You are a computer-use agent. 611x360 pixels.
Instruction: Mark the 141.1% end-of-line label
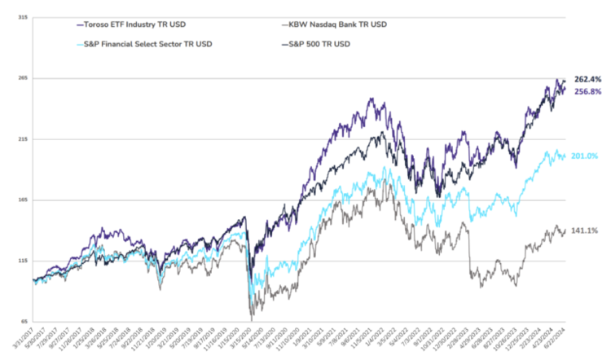pyautogui.click(x=583, y=230)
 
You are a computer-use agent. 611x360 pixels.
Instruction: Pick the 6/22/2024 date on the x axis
pyautogui.click(x=560, y=341)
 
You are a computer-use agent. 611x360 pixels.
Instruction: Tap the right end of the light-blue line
pyautogui.click(x=565, y=156)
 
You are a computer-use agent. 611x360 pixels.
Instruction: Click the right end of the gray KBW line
pyautogui.click(x=565, y=230)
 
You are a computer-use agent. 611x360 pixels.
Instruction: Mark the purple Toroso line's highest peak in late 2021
pyautogui.click(x=371, y=99)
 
